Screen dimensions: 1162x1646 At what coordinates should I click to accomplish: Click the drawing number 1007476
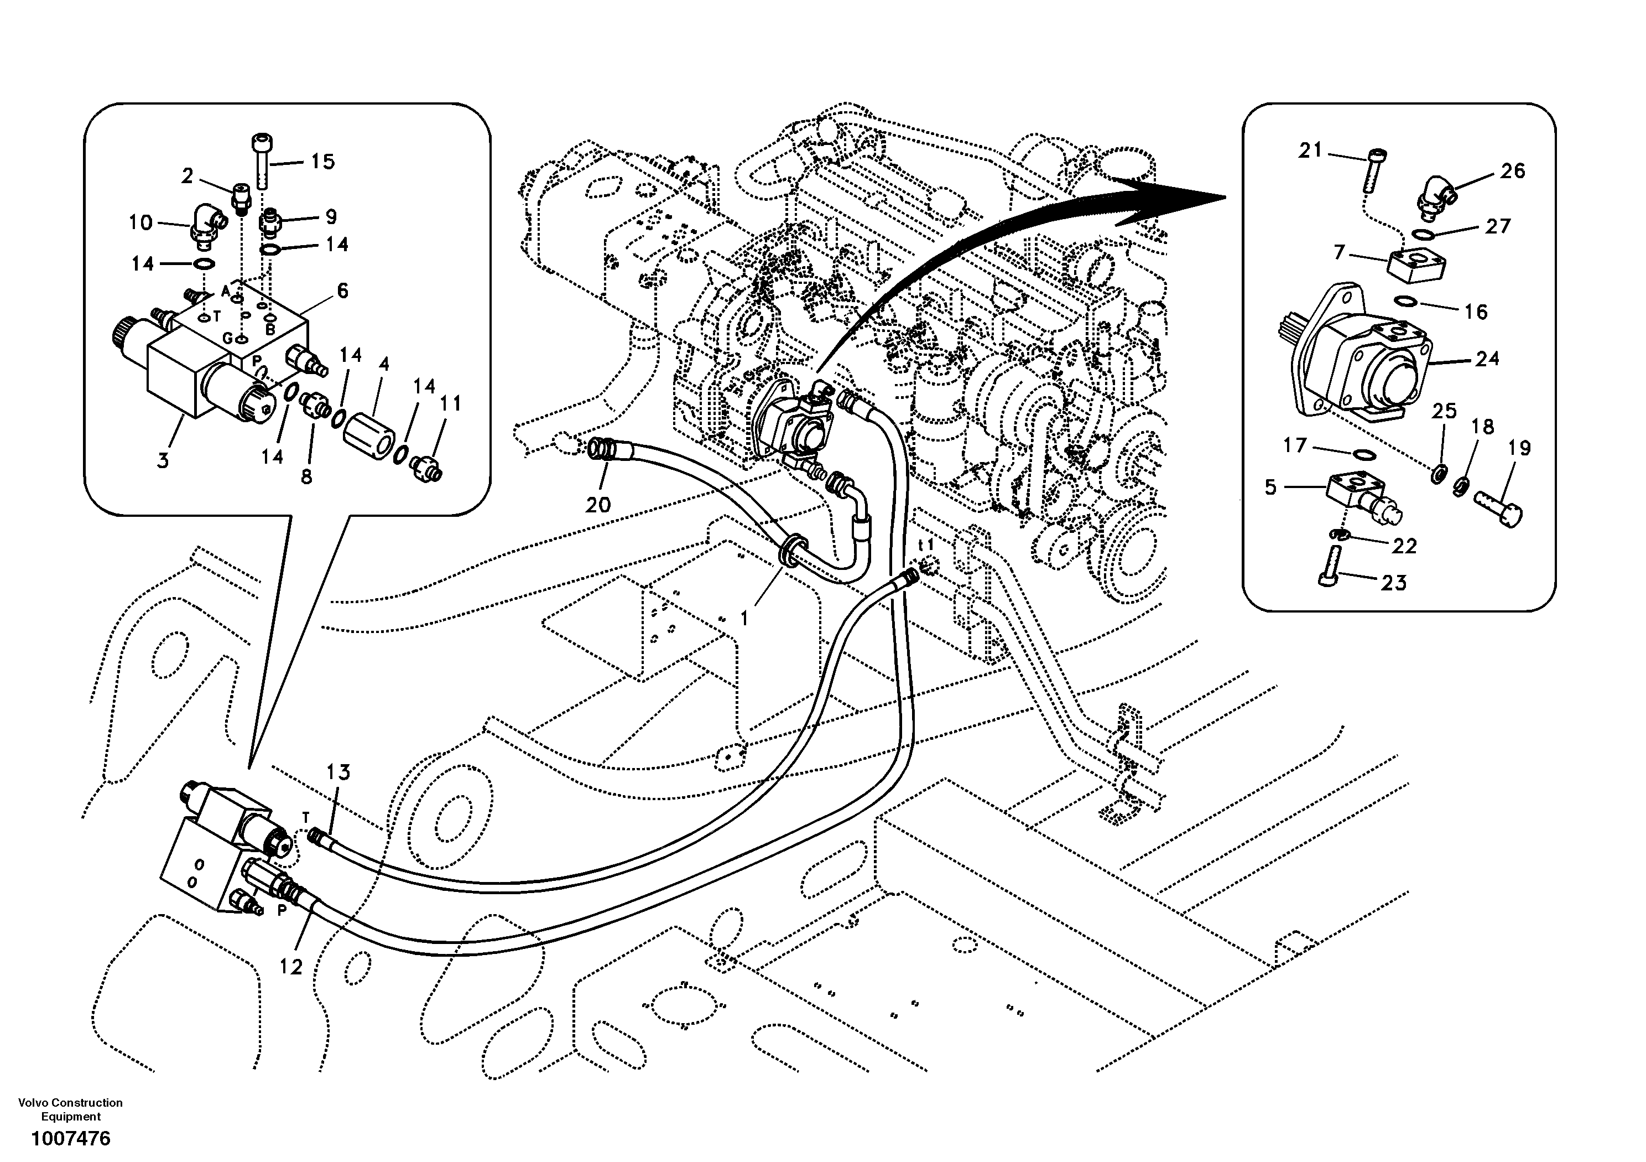pos(70,1138)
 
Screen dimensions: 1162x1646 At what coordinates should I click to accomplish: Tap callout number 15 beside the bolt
pos(322,162)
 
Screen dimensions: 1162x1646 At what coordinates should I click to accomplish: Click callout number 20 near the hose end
pos(598,505)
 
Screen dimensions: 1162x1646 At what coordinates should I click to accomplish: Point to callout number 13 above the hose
pos(338,772)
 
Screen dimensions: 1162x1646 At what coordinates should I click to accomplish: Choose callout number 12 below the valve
pos(291,968)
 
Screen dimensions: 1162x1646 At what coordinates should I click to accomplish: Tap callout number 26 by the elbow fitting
pos(1513,171)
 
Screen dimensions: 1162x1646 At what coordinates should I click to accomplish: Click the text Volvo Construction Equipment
pos(70,1109)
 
